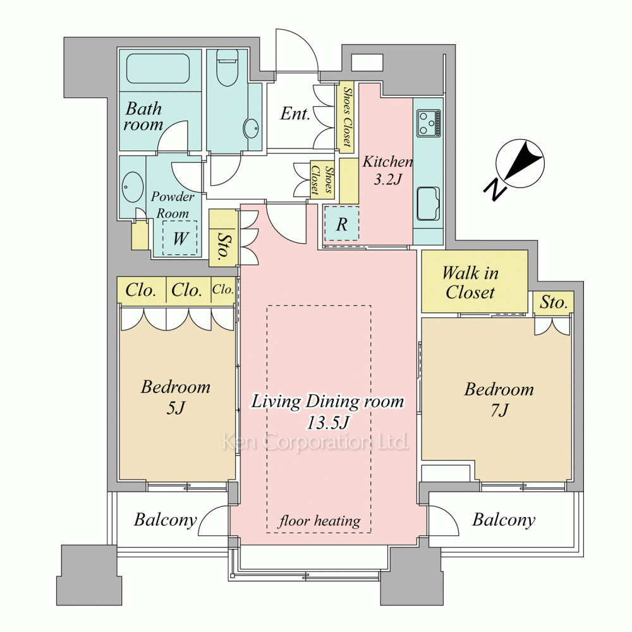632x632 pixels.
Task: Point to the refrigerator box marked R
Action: [341, 224]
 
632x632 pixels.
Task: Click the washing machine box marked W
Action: [179, 238]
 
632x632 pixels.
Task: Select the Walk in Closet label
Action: [470, 283]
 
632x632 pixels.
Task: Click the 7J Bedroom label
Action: [499, 399]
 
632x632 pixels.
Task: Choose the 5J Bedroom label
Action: [176, 397]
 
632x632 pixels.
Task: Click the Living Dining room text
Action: [327, 401]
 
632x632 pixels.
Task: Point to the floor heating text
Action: [319, 521]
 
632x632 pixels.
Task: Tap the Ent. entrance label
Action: [295, 113]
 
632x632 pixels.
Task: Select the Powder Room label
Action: [173, 205]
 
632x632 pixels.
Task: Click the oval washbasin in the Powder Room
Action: [132, 188]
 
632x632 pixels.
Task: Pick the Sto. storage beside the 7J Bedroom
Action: [554, 302]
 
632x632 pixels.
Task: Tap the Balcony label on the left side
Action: [165, 520]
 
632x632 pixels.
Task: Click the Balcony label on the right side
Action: [504, 520]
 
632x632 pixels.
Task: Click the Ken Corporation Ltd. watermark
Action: [315, 441]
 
